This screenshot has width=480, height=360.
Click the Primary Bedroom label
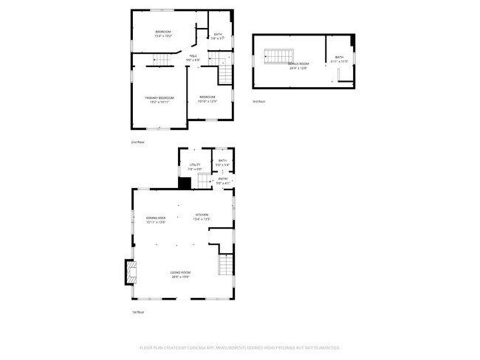click(159, 98)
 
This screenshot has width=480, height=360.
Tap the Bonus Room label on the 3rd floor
click(298, 64)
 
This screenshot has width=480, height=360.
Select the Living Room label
click(181, 273)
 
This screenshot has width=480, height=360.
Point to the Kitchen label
click(202, 215)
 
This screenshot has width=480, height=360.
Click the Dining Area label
click(155, 218)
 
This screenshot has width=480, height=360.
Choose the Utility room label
click(195, 165)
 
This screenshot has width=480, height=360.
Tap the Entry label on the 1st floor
click(223, 179)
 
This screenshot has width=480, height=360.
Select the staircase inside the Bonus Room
click(279, 56)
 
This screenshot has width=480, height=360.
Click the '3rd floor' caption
click(258, 101)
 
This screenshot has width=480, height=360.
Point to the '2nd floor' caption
click(137, 142)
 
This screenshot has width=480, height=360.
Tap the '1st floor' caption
click(137, 312)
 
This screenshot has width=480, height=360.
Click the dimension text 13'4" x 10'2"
click(163, 35)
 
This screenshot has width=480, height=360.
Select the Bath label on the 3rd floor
click(339, 57)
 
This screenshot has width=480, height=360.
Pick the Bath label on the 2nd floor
click(218, 35)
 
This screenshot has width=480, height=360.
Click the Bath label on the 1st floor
click(222, 160)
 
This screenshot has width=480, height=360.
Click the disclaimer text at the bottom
click(239, 347)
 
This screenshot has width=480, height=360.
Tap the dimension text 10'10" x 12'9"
click(208, 101)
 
